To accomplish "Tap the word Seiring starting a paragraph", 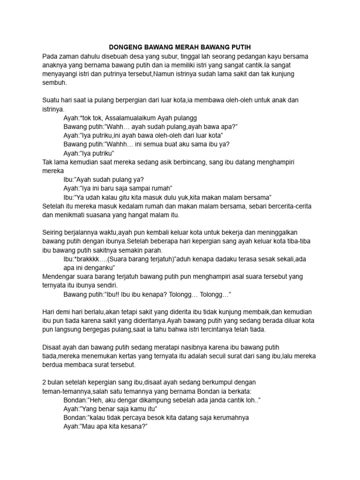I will pos(54,232).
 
